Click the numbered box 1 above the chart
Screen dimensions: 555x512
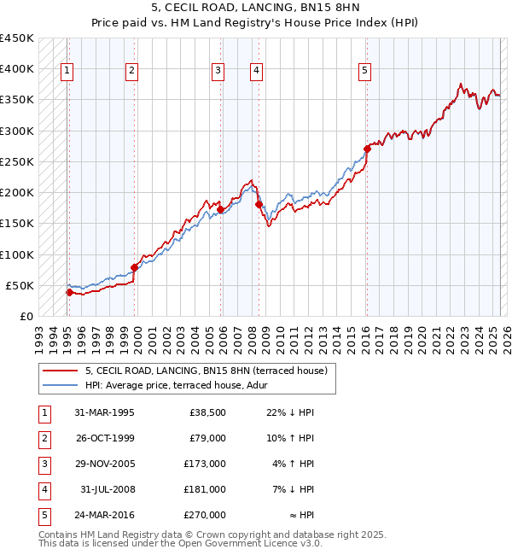tap(67, 71)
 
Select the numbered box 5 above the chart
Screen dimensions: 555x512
tap(364, 71)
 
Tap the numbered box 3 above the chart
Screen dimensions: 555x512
tap(218, 71)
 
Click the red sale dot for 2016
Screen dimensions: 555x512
tap(367, 149)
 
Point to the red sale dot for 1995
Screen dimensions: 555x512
tap(69, 292)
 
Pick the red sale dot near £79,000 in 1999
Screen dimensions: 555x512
tap(135, 267)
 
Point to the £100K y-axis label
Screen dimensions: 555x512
tap(17, 254)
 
